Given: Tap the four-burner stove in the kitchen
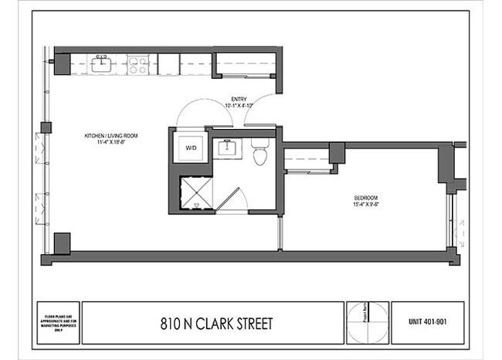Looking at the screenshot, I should pyautogui.click(x=137, y=65).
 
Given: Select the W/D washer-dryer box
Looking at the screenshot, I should pyautogui.click(x=188, y=147).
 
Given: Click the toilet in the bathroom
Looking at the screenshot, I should pyautogui.click(x=259, y=153).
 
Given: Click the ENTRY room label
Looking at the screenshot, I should pyautogui.click(x=239, y=99).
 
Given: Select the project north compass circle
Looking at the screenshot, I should pyautogui.click(x=368, y=322).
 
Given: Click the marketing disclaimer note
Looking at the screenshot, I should pyautogui.click(x=57, y=322).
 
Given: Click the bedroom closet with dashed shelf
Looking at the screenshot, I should pyautogui.click(x=307, y=161).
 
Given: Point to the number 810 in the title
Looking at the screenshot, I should pyautogui.click(x=172, y=322).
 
